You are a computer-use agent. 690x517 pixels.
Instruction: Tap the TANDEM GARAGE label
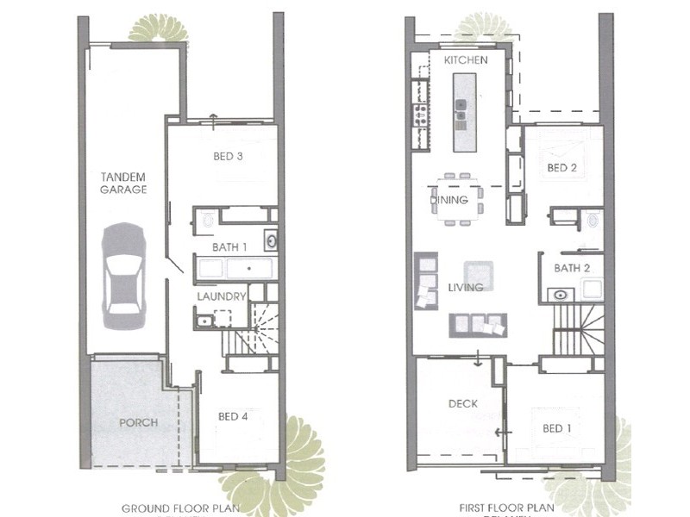(123, 183)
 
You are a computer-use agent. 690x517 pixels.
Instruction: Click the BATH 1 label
(231, 247)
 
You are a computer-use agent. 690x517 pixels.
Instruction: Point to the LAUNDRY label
(222, 296)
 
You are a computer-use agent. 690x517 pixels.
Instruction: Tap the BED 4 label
(233, 416)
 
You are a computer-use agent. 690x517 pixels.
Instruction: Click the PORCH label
(138, 422)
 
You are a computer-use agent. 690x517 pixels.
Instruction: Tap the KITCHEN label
(466, 60)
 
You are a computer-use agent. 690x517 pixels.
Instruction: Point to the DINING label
(449, 200)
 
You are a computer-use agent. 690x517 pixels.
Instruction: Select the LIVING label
(465, 287)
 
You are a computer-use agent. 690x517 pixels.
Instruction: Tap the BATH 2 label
(572, 269)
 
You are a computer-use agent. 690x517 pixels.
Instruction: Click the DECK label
(462, 403)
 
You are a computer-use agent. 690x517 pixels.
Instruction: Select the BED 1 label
(556, 428)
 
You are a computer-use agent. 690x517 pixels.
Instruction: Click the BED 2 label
(561, 168)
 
